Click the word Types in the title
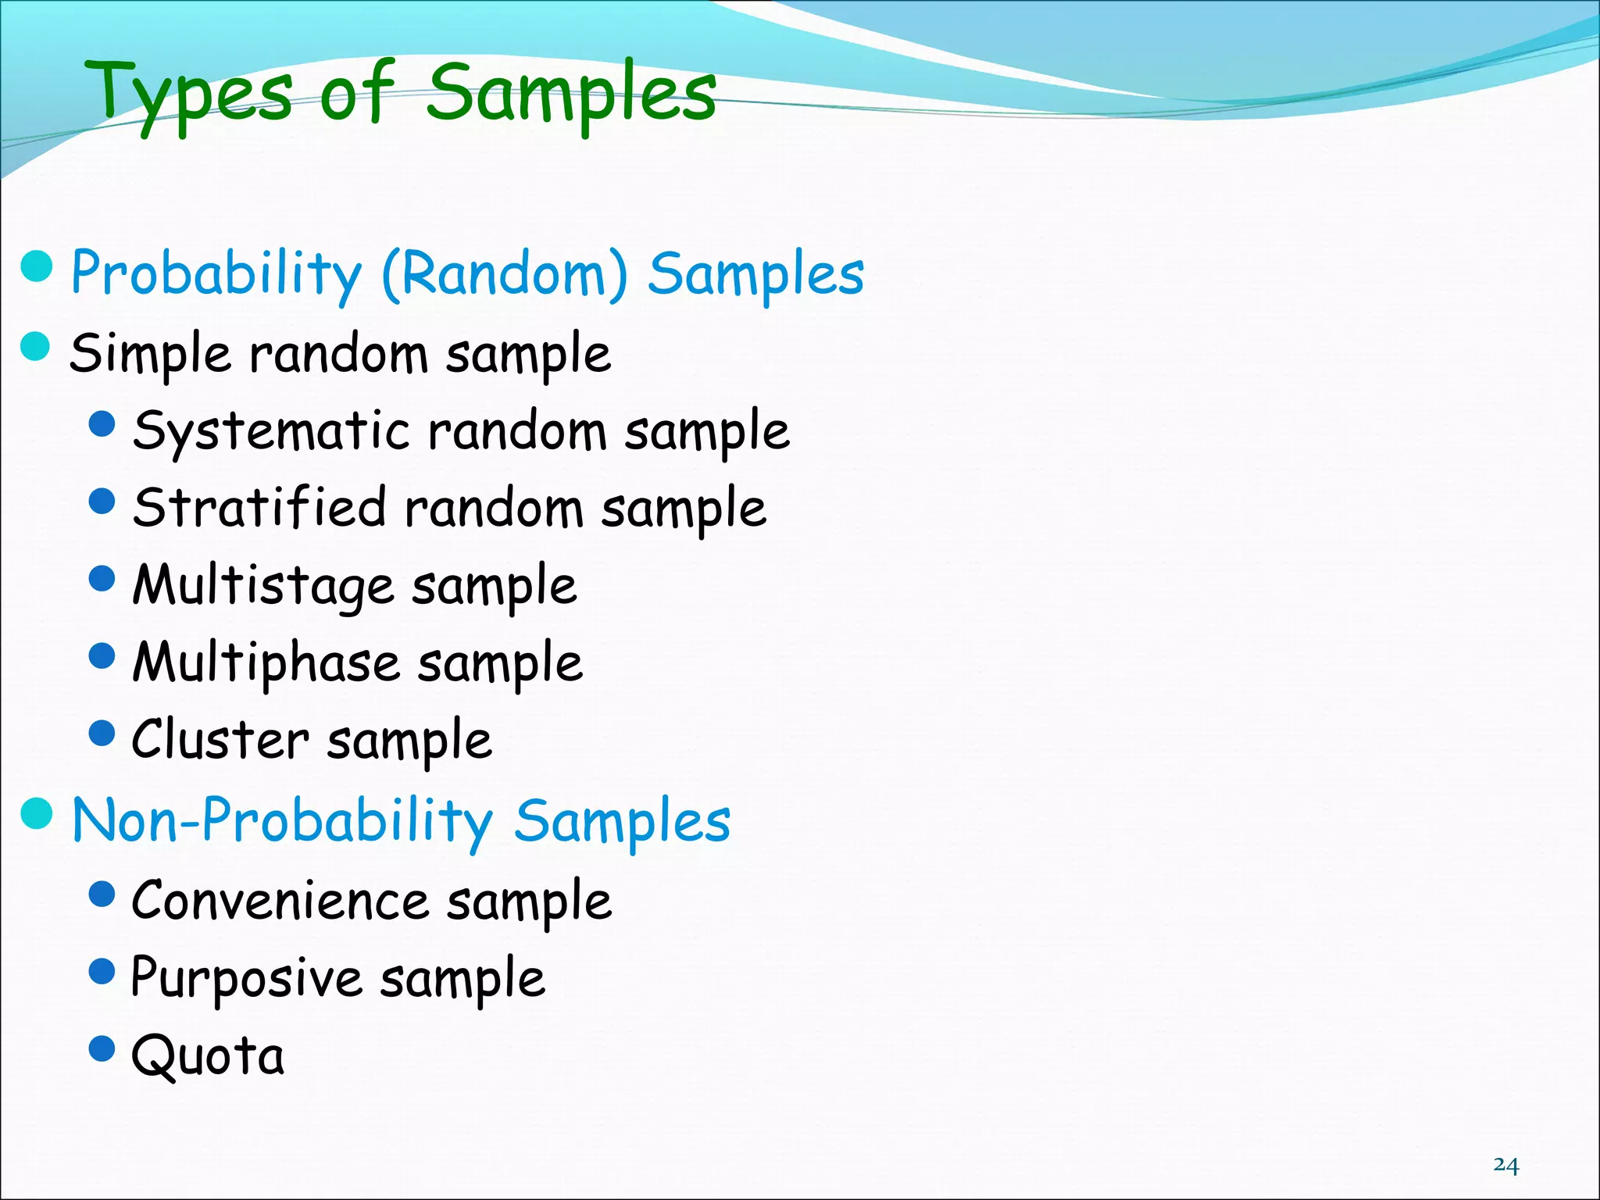192,95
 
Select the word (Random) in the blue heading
504,274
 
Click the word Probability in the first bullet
216,274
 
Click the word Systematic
270,431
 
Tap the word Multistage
262,586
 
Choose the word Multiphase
266,663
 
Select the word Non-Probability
282,821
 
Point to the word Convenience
280,901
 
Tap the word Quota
208,1056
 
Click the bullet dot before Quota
102,1048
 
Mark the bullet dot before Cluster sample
102,734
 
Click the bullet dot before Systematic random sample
102,423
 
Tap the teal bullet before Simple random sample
36,346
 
